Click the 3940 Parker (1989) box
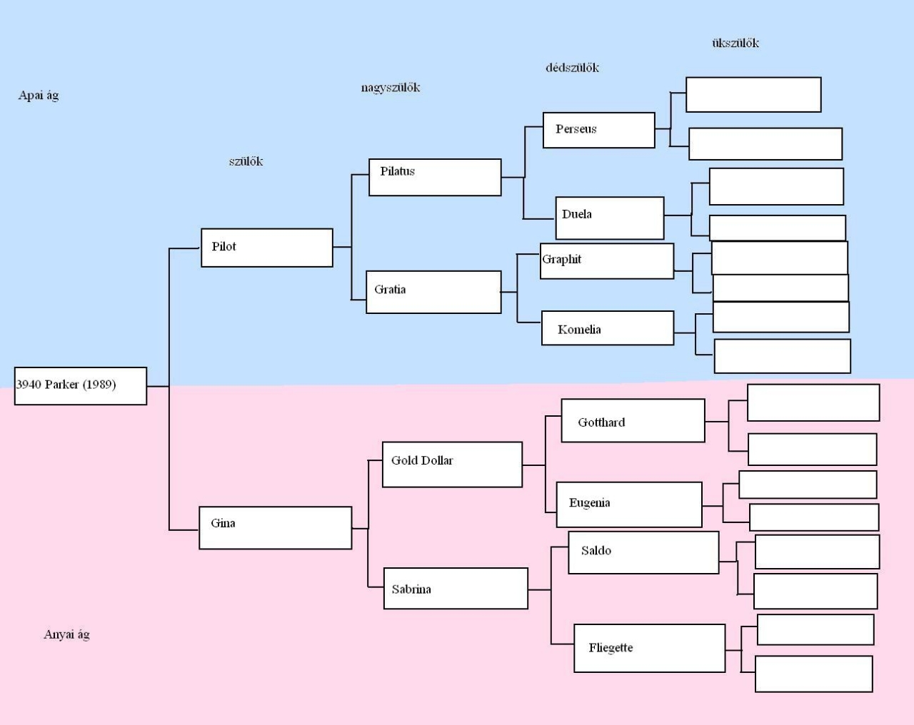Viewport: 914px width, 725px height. coord(81,386)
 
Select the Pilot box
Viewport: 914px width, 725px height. coord(267,248)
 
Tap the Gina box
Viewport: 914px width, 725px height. coord(276,528)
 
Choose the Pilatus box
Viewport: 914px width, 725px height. coord(435,177)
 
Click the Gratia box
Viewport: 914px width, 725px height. coord(433,292)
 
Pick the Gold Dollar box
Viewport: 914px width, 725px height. coord(452,465)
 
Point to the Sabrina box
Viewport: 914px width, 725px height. coord(456,589)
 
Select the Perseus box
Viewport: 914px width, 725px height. coord(598,130)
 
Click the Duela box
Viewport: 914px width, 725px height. coord(610,218)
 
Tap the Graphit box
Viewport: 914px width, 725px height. coord(607,261)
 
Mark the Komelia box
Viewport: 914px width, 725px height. coord(608,328)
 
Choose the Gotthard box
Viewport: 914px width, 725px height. coord(633,421)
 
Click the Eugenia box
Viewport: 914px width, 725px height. coord(629,505)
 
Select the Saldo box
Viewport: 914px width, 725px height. coord(643,552)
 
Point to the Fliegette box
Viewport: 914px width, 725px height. coord(650,648)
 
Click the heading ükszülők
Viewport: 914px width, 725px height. coord(735,43)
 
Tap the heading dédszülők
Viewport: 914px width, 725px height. coord(572,68)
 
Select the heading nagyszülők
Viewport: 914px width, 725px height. coord(391,88)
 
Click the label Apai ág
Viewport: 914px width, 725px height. coord(39,96)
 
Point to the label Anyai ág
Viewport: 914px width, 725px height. coord(66,634)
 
